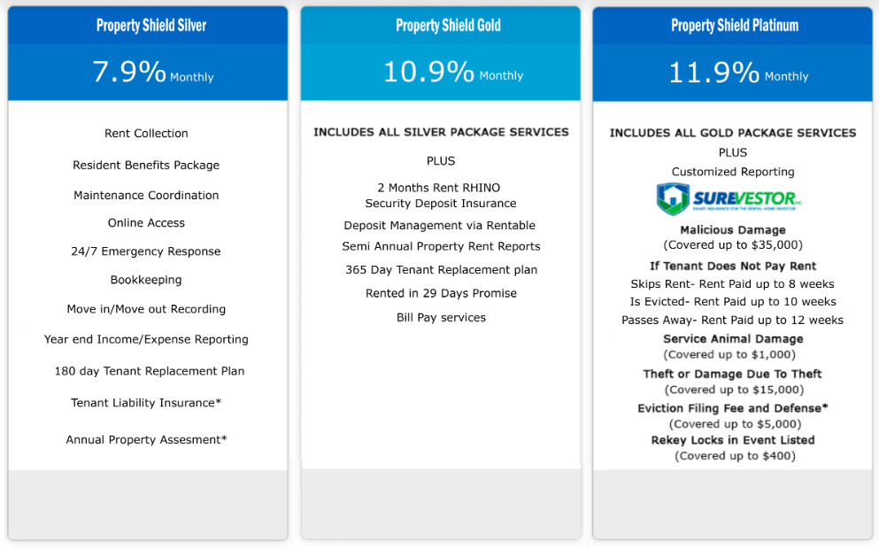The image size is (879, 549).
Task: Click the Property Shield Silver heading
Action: [x=151, y=25]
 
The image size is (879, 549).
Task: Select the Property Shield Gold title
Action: [x=448, y=25]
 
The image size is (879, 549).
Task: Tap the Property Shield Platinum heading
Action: [x=735, y=25]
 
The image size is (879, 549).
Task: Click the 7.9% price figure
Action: [x=129, y=72]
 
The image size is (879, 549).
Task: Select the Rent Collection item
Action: [x=146, y=134]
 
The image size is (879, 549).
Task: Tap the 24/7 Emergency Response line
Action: [x=146, y=251]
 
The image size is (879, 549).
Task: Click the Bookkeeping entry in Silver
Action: [x=146, y=280]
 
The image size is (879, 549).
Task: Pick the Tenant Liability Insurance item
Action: [x=146, y=403]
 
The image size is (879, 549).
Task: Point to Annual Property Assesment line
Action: [x=146, y=440]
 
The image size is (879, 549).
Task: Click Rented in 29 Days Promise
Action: [x=441, y=293]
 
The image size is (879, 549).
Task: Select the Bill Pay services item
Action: [x=441, y=317]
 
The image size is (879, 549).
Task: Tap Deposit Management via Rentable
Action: [x=439, y=226]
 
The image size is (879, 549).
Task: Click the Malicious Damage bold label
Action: [x=733, y=230]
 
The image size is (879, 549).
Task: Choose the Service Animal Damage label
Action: [x=733, y=339]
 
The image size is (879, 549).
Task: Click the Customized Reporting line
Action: [x=733, y=172]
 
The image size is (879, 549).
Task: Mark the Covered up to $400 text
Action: [x=735, y=456]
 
